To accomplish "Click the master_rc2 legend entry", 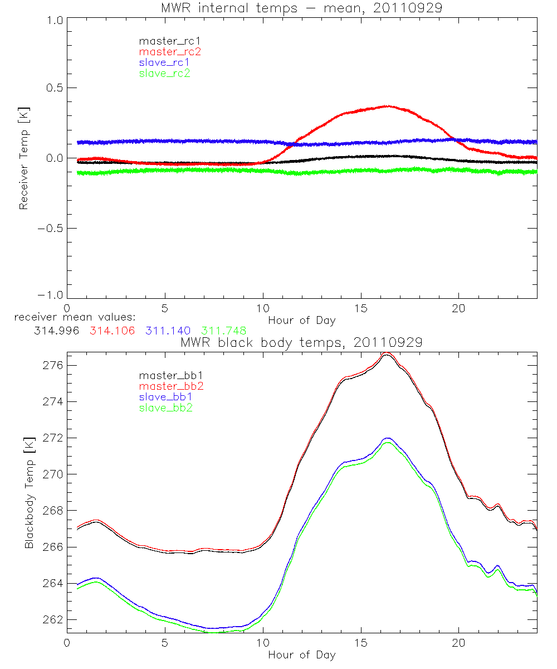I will [169, 51].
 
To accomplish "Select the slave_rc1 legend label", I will [165, 62].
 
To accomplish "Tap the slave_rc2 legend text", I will [164, 73].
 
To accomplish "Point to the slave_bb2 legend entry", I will [166, 408].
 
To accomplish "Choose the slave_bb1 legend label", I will [166, 397].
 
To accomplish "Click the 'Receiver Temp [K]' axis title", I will [23, 158].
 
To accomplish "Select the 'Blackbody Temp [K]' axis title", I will [29, 492].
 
